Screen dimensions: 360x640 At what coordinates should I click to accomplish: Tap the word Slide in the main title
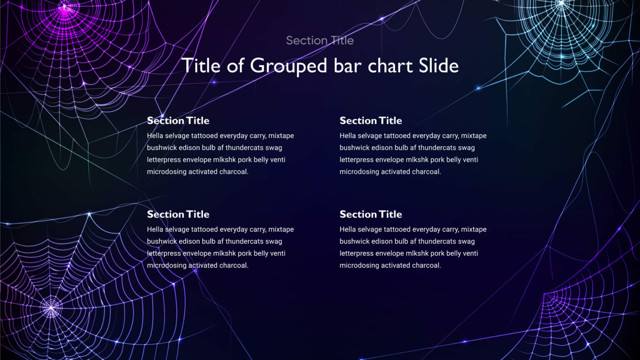(438, 66)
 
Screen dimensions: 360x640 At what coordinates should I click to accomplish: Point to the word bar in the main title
(347, 66)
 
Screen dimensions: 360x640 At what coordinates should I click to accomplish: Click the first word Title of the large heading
(201, 66)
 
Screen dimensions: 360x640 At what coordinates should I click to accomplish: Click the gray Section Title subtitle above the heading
(320, 40)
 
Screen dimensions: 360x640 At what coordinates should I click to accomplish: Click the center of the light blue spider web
(561, 3)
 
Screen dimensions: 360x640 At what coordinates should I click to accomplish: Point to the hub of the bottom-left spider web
(51, 308)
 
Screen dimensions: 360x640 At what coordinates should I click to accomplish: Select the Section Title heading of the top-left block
(178, 120)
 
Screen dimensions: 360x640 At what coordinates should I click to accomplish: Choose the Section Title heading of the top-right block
(370, 120)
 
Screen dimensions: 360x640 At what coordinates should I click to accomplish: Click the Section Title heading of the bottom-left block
(178, 214)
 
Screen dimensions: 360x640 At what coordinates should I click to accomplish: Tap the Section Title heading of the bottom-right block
(370, 214)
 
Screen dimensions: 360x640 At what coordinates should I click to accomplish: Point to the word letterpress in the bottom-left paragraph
(164, 253)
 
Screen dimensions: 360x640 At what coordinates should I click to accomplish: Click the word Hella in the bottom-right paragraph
(347, 229)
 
